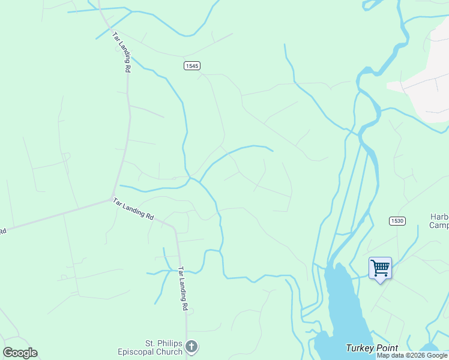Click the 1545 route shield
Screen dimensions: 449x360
click(x=192, y=65)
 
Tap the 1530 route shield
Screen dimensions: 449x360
click(x=397, y=221)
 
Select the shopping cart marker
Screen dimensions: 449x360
click(x=380, y=267)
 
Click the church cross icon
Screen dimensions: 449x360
click(x=191, y=346)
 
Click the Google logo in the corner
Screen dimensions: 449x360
click(x=20, y=353)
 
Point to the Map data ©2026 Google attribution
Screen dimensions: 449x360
click(x=412, y=356)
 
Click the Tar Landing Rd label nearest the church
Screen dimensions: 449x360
click(x=181, y=289)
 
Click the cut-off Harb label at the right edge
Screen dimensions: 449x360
click(x=439, y=217)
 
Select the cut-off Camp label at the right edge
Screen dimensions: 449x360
click(x=439, y=226)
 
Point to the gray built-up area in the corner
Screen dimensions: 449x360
click(x=426, y=90)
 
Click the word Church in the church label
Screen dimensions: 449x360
click(x=169, y=352)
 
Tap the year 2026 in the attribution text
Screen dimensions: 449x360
click(x=414, y=356)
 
